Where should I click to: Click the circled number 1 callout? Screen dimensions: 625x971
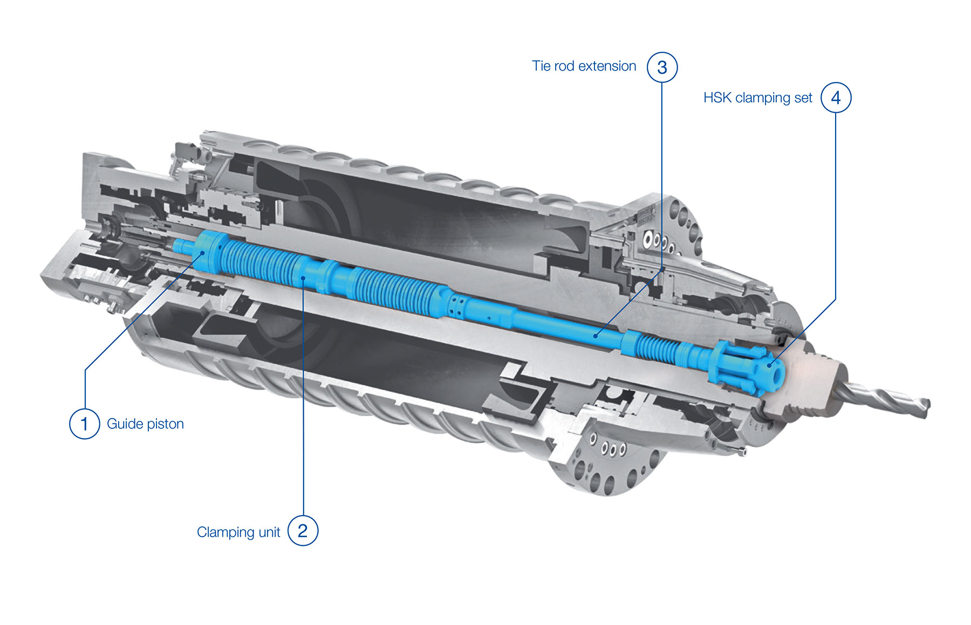click(85, 423)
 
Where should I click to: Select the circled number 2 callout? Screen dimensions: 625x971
click(303, 531)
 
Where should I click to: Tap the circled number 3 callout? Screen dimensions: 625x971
click(662, 67)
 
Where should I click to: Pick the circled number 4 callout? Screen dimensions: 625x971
click(836, 98)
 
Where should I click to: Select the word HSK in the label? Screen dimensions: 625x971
click(717, 98)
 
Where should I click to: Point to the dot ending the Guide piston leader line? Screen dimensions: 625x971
click(202, 252)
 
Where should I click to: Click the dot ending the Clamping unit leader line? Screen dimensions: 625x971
click(304, 278)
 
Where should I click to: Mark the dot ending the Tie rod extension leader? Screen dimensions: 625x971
click(596, 336)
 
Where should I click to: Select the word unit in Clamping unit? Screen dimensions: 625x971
click(269, 532)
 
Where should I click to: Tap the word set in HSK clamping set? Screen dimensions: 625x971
click(803, 98)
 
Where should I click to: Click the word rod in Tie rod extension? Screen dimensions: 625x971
click(564, 66)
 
